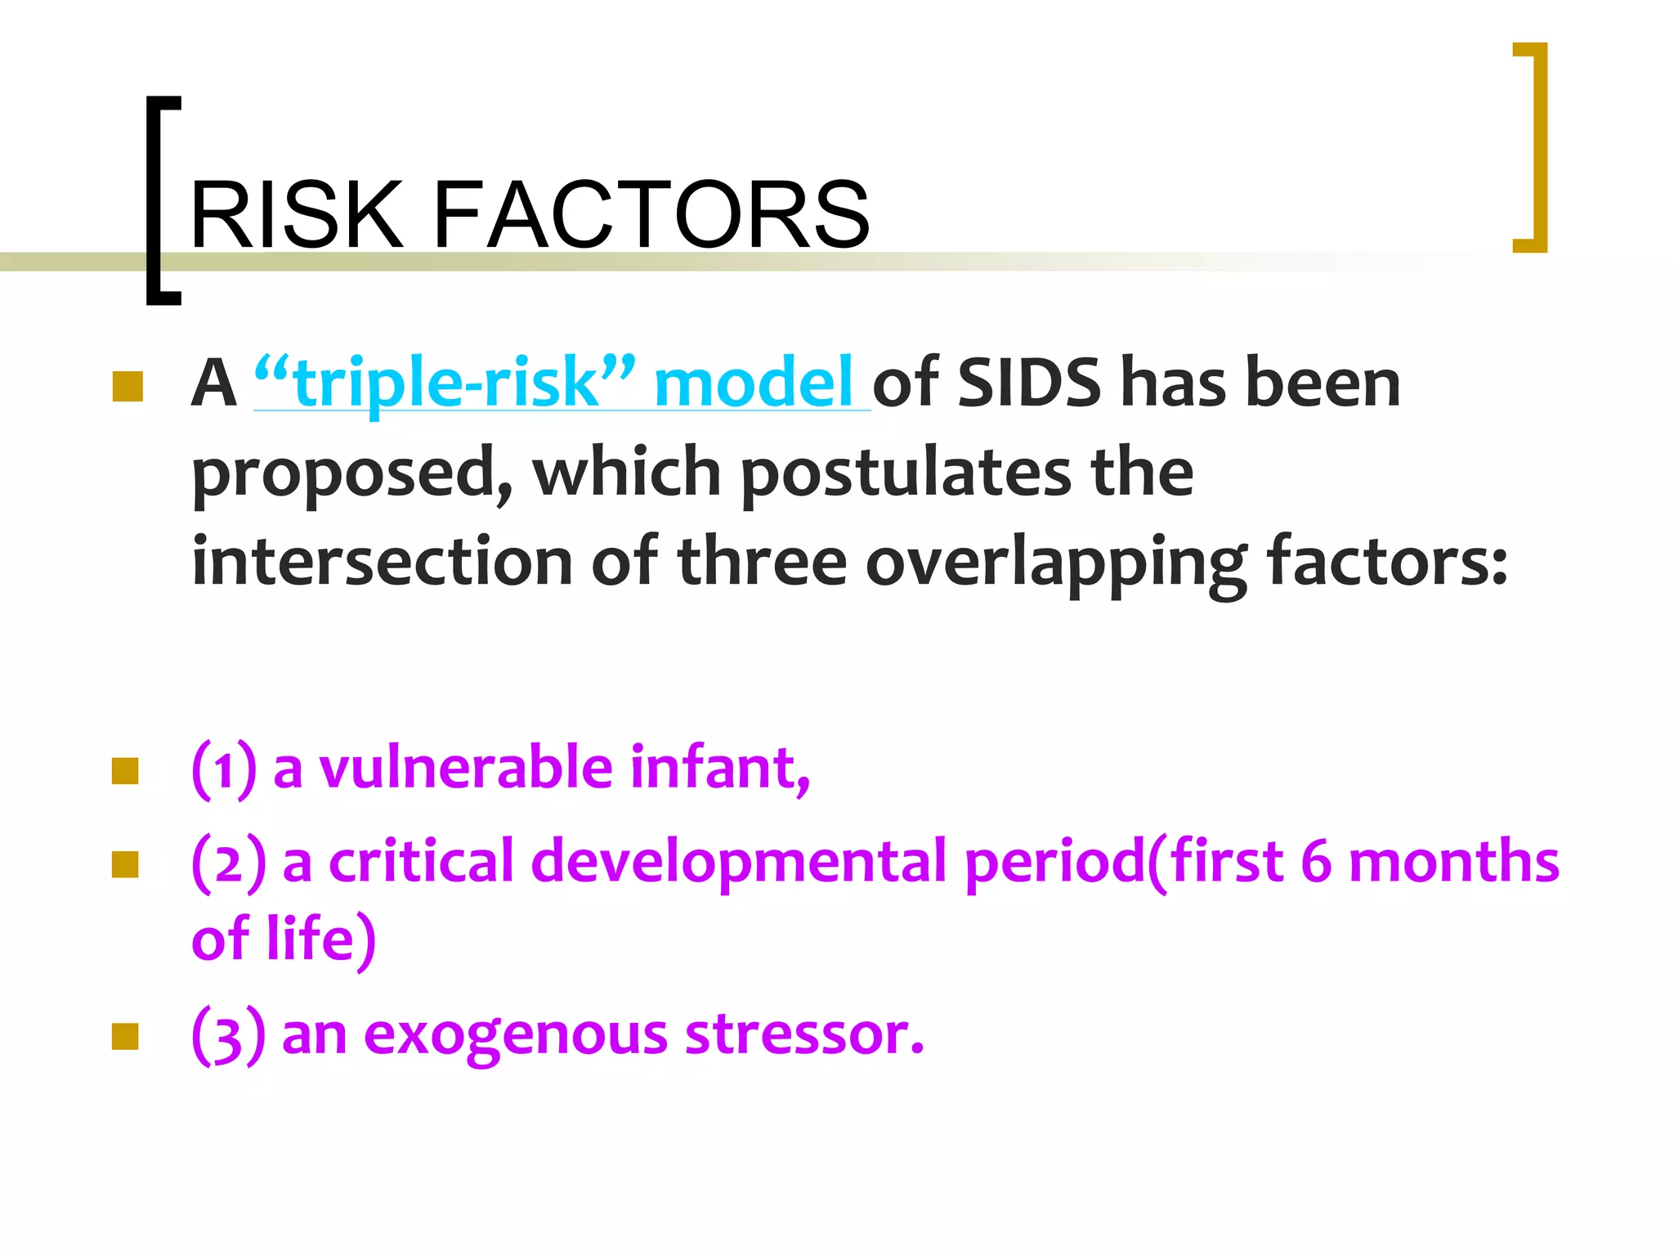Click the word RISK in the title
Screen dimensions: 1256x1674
[x=296, y=215]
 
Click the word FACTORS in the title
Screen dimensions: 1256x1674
[x=651, y=215]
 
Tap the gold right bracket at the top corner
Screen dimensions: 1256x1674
[x=1533, y=147]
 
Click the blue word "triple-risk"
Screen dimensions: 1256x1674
[x=445, y=383]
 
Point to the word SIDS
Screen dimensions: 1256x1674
[x=1028, y=383]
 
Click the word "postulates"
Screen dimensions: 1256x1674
[x=906, y=473]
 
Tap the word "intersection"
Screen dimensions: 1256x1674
[x=382, y=563]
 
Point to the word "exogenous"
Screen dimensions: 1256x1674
[x=516, y=1035]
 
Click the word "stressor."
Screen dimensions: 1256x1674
[x=804, y=1035]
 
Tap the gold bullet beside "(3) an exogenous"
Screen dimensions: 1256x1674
[x=125, y=1036]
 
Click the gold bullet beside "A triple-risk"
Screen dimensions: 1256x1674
[x=127, y=387]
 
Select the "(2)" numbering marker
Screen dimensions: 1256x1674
[x=228, y=863]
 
